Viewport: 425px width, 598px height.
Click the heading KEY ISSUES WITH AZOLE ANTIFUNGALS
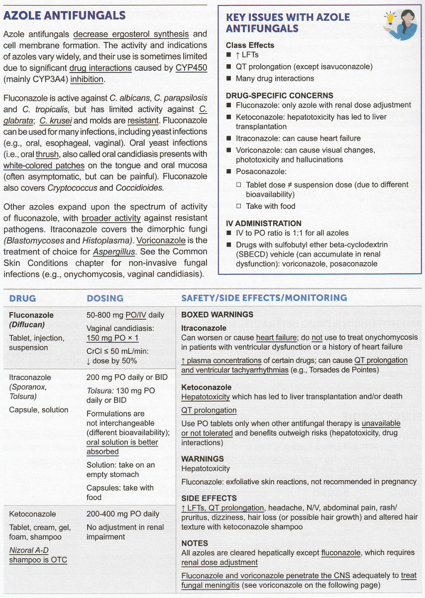[288, 23]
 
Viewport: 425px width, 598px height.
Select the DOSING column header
[105, 298]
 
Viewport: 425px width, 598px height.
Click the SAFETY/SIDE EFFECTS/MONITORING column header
[264, 298]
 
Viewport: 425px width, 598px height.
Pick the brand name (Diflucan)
[28, 325]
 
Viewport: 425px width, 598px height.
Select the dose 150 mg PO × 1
[112, 338]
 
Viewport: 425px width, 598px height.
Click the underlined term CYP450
[192, 68]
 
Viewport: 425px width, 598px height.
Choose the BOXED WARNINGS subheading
[217, 315]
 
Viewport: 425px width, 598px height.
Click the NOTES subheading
[195, 543]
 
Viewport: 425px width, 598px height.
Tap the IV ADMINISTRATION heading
[263, 223]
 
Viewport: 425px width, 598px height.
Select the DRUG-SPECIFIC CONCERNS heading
[279, 95]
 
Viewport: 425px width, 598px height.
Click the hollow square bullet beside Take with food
[238, 206]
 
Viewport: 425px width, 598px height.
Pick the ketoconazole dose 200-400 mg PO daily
[123, 514]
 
